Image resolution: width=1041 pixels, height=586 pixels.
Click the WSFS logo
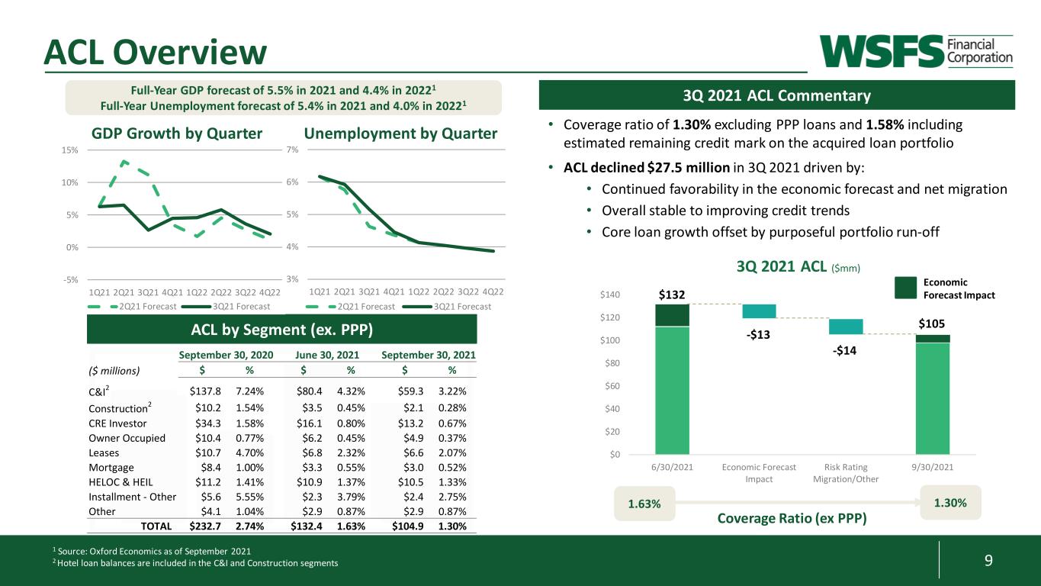pos(916,51)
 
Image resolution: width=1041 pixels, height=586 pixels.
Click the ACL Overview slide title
pos(156,52)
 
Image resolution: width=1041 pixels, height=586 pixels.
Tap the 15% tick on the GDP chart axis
pos(69,150)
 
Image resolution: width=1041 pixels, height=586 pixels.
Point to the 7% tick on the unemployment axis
pos(292,150)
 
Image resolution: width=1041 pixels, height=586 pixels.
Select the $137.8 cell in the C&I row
pos(205,391)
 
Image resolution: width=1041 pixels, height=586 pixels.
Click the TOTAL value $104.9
pos(407,526)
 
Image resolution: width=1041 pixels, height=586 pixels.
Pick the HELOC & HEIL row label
pos(120,482)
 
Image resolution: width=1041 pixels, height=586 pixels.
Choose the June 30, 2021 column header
pos(327,355)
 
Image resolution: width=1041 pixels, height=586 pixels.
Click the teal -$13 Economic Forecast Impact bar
pos(759,311)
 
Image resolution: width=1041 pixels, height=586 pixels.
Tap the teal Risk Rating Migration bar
pos(846,327)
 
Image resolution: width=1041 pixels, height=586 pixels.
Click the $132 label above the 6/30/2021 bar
pos(672,295)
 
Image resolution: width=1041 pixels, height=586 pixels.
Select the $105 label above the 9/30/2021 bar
pos(932,324)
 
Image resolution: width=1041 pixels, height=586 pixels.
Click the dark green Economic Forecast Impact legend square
pos(905,288)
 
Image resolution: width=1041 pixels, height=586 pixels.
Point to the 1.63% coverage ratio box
pos(644,504)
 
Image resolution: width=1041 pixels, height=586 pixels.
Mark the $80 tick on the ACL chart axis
pos(612,363)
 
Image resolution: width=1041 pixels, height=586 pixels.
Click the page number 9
pos(988,560)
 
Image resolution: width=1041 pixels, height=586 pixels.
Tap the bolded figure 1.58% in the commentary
pos(885,124)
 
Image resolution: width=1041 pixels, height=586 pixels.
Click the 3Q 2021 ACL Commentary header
pos(776,95)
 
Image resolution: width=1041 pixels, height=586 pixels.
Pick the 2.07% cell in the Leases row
pos(452,453)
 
